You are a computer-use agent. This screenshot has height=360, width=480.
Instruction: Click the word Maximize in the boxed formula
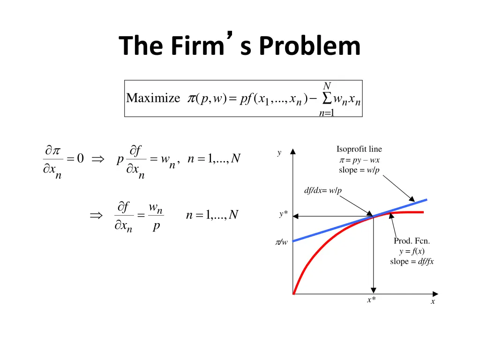point(153,98)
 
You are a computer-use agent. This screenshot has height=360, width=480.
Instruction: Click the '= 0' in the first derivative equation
point(75,159)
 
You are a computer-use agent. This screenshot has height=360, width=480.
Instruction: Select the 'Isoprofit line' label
point(359,150)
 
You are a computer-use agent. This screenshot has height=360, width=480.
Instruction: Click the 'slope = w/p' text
point(359,170)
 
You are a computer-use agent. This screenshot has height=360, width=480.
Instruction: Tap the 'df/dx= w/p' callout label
point(323,190)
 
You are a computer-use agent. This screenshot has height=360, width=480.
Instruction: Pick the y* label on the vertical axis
point(283,214)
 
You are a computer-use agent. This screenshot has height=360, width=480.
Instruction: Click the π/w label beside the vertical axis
point(281,242)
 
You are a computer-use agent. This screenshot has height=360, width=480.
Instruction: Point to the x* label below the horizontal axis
point(371,300)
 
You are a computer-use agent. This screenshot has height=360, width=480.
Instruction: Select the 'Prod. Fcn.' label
point(412,241)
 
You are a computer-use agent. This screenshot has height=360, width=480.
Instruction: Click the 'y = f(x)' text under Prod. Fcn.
point(412,251)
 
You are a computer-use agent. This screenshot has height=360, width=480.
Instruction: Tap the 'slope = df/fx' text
point(412,262)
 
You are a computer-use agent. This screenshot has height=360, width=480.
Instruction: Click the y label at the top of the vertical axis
point(279,153)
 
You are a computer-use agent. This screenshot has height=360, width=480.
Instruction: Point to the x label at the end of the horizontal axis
point(433,302)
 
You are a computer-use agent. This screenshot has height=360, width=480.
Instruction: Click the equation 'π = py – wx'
point(359,160)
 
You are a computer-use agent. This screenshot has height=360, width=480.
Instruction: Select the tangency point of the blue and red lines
point(374,216)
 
